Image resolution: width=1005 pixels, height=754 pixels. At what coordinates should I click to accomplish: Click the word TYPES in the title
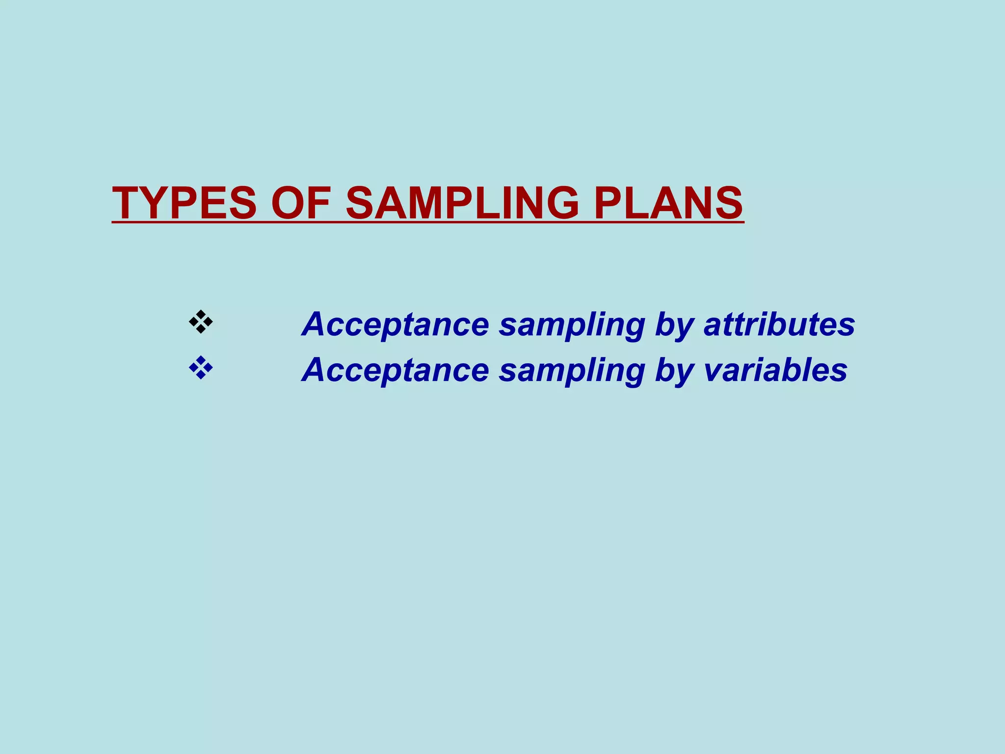184,203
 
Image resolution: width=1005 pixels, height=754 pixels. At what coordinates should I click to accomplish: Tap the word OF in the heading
300,203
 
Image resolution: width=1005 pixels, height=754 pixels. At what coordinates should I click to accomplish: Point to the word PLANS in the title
668,203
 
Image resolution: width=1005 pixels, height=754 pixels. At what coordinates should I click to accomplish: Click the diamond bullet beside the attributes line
201,322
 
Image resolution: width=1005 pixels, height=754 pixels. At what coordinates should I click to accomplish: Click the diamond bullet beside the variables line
201,368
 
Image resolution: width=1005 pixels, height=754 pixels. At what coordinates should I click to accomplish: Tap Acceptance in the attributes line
396,325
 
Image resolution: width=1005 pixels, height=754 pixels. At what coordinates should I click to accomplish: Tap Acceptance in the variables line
396,371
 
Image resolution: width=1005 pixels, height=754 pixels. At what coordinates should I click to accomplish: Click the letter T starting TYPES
127,203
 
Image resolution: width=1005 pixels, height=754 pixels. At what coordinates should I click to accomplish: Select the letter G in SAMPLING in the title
560,203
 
